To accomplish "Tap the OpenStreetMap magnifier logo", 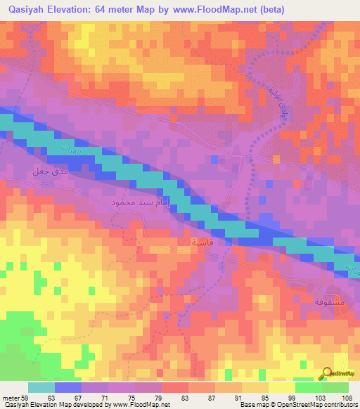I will (x=327, y=374).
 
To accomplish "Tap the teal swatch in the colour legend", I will (x=41, y=387).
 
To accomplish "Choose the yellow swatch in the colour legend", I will (x=281, y=387).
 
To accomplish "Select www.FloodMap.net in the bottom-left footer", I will (x=135, y=405).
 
